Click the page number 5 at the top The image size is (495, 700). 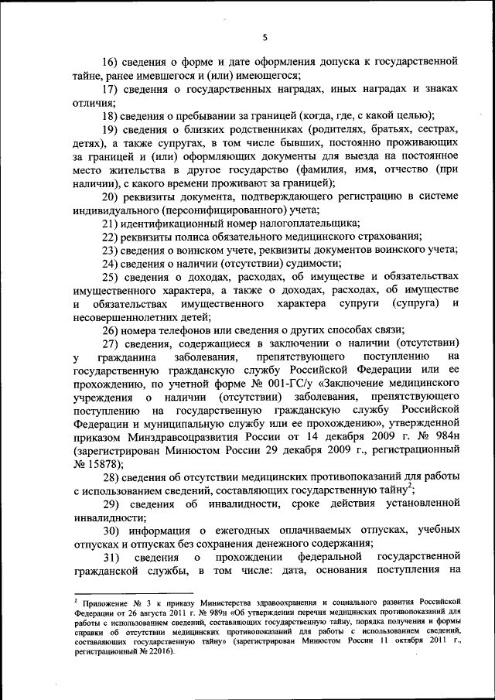click(264, 36)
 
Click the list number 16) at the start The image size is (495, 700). click(114, 61)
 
